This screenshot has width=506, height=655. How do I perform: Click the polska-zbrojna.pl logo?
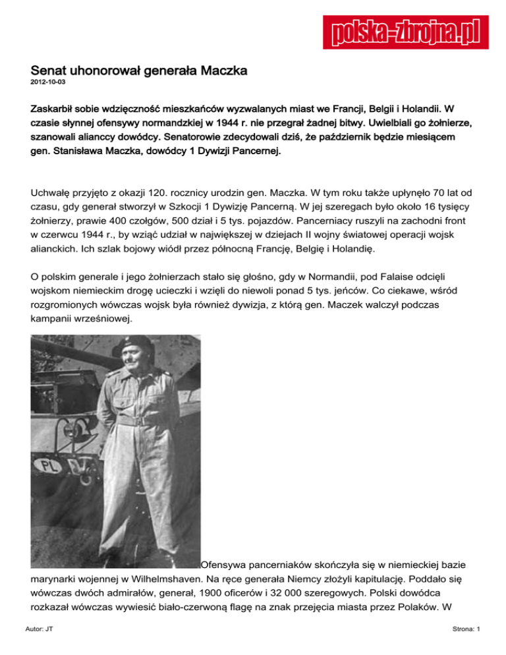click(401, 32)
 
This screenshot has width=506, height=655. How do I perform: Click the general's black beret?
click(137, 343)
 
